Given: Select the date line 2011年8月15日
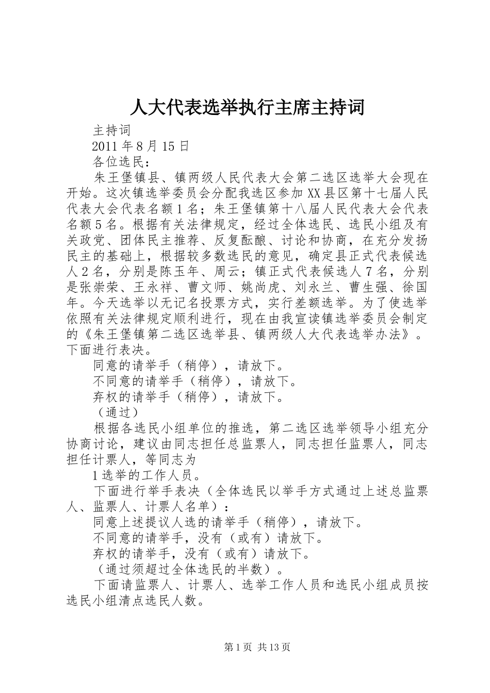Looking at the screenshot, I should click(x=140, y=146).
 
